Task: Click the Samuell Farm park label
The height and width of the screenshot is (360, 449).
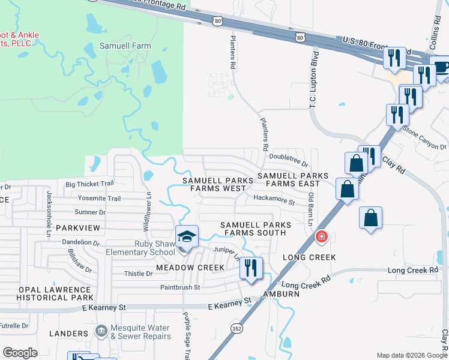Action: (x=125, y=46)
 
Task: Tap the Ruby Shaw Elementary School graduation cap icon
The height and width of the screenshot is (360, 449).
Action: (x=187, y=237)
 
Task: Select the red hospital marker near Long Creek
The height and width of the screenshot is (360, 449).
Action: (x=322, y=238)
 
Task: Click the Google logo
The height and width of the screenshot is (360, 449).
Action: (x=20, y=353)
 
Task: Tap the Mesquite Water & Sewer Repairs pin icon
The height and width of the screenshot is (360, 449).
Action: (x=101, y=329)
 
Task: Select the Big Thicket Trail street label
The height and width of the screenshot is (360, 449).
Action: (x=89, y=184)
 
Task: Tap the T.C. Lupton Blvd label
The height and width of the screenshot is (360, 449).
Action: (x=313, y=79)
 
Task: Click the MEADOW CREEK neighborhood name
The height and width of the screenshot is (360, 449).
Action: (x=190, y=267)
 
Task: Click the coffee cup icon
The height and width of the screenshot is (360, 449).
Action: (x=442, y=67)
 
